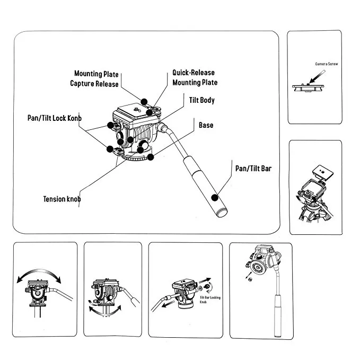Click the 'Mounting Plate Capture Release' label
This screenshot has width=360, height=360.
pyautogui.click(x=94, y=78)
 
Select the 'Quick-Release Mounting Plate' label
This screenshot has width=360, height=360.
pyautogui.click(x=195, y=77)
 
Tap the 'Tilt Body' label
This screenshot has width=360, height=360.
pyautogui.click(x=202, y=100)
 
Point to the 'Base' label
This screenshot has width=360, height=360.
pyautogui.click(x=206, y=125)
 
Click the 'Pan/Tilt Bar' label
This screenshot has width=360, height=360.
pyautogui.click(x=253, y=169)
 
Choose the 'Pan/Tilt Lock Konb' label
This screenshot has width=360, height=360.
pyautogui.click(x=55, y=118)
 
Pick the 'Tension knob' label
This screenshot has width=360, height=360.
pyautogui.click(x=62, y=199)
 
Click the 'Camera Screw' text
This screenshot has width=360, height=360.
pyautogui.click(x=326, y=64)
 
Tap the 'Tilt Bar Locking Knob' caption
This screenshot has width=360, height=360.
pyautogui.click(x=210, y=300)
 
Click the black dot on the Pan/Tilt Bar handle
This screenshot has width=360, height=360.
pyautogui.click(x=215, y=198)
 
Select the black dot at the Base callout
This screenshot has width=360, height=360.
pyautogui.click(x=151, y=157)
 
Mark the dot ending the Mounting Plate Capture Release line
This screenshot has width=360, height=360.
pyautogui.click(x=144, y=102)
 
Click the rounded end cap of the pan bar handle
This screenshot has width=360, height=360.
pyautogui.click(x=222, y=213)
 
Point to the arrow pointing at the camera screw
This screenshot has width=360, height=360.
pyautogui.click(x=317, y=77)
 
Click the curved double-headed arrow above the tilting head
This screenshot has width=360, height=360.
pyautogui.click(x=39, y=274)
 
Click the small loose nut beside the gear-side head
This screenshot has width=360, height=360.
pyautogui.click(x=250, y=279)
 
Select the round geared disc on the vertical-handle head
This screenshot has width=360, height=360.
pyautogui.click(x=258, y=268)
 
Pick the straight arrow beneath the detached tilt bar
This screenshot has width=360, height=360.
pyautogui.click(x=168, y=304)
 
